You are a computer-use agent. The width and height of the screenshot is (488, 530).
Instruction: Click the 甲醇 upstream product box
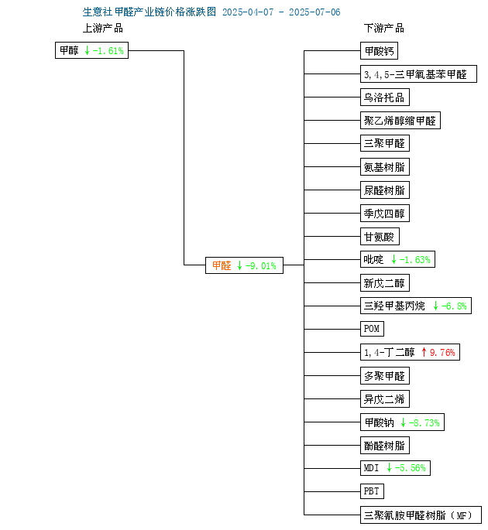[91, 50]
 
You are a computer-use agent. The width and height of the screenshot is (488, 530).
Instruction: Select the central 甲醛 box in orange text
[244, 265]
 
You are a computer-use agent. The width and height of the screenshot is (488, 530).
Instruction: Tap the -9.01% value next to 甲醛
[261, 266]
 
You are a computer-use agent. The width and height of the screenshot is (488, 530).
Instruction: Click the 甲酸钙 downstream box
[379, 51]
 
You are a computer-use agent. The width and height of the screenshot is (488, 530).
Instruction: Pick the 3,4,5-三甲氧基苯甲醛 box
[418, 74]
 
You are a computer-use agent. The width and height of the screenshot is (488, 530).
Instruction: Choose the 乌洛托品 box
[385, 97]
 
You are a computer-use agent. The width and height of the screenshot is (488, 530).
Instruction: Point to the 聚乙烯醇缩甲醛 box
[400, 121]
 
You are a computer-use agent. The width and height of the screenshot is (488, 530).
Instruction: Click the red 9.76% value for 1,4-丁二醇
[442, 353]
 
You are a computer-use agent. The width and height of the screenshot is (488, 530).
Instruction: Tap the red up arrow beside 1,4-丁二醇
[424, 353]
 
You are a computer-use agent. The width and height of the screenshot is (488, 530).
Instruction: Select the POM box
[372, 329]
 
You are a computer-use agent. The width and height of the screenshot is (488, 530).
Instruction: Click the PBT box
[372, 491]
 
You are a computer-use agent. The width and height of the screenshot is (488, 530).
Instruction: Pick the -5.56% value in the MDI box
[411, 468]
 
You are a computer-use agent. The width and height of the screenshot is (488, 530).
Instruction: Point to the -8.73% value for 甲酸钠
[424, 422]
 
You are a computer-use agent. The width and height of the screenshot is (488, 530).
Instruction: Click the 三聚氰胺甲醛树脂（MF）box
[421, 515]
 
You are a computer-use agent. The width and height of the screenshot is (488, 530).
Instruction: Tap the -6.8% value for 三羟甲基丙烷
[454, 306]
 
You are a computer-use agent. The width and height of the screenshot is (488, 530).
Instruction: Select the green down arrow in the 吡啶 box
[393, 259]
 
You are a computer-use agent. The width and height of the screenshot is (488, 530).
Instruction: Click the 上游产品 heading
[103, 28]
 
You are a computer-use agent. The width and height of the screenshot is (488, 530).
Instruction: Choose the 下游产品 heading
[383, 28]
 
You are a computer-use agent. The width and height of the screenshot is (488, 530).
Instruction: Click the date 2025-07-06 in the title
[314, 12]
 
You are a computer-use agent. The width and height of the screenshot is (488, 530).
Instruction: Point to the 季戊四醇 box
[385, 214]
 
